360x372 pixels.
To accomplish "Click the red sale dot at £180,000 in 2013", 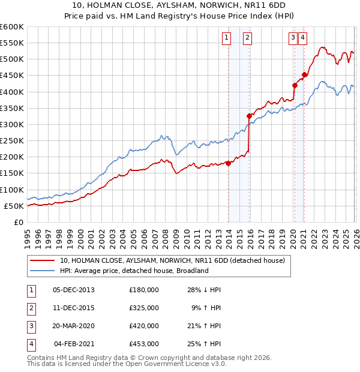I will point(228,163).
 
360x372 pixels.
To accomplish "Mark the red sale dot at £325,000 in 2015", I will point(249,116).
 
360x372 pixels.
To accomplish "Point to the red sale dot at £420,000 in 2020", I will point(295,85).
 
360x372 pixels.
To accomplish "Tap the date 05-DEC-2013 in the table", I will point(74,290).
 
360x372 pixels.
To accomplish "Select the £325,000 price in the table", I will point(144,308).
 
